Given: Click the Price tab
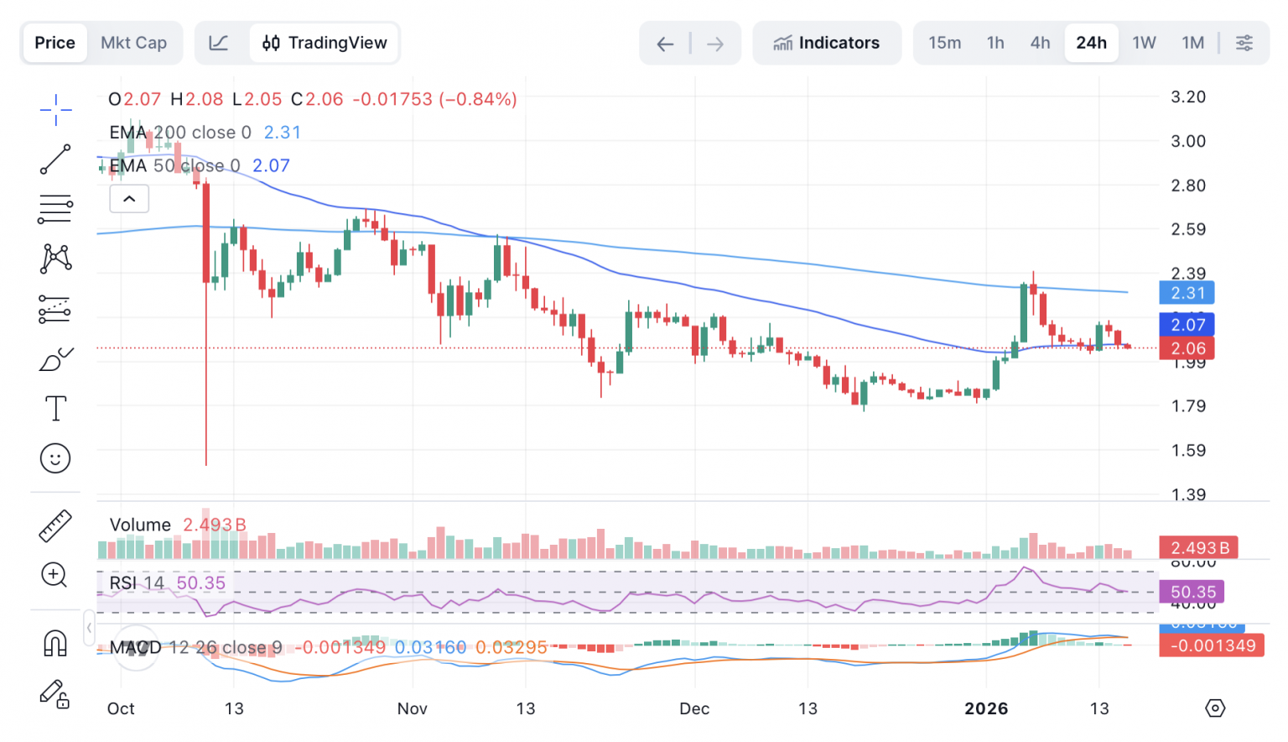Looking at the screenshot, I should pyautogui.click(x=55, y=43).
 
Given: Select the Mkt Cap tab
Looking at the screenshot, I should pyautogui.click(x=133, y=43).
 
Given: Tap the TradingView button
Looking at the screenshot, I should pyautogui.click(x=325, y=43).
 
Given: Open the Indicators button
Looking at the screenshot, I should pyautogui.click(x=827, y=43).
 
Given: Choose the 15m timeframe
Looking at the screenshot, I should pyautogui.click(x=944, y=43).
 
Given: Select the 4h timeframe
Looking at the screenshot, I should pyautogui.click(x=1040, y=43).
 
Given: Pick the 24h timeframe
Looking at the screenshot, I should pyautogui.click(x=1091, y=43).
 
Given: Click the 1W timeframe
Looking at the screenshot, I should pyautogui.click(x=1144, y=43).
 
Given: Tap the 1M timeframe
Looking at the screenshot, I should pyautogui.click(x=1192, y=43).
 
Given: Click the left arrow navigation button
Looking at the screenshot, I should pyautogui.click(x=665, y=44).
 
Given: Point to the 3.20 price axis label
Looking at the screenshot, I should pyautogui.click(x=1188, y=97).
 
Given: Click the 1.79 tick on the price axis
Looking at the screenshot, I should pyautogui.click(x=1188, y=406).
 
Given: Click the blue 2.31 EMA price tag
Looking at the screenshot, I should pyautogui.click(x=1187, y=293).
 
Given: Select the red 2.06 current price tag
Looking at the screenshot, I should pyautogui.click(x=1187, y=348).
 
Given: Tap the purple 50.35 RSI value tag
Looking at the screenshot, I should pyautogui.click(x=1192, y=592).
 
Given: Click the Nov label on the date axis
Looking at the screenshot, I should pyautogui.click(x=412, y=708).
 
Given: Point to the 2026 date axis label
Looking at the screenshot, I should pyautogui.click(x=986, y=708).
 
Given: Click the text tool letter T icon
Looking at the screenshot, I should pyautogui.click(x=55, y=409).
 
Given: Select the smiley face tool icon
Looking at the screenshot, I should pyautogui.click(x=55, y=458).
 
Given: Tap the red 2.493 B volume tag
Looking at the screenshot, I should pyautogui.click(x=1199, y=548).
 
